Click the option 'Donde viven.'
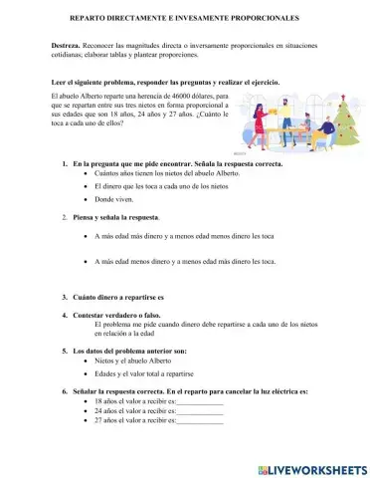click(x=116, y=198)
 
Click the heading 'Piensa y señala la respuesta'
click(x=115, y=216)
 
